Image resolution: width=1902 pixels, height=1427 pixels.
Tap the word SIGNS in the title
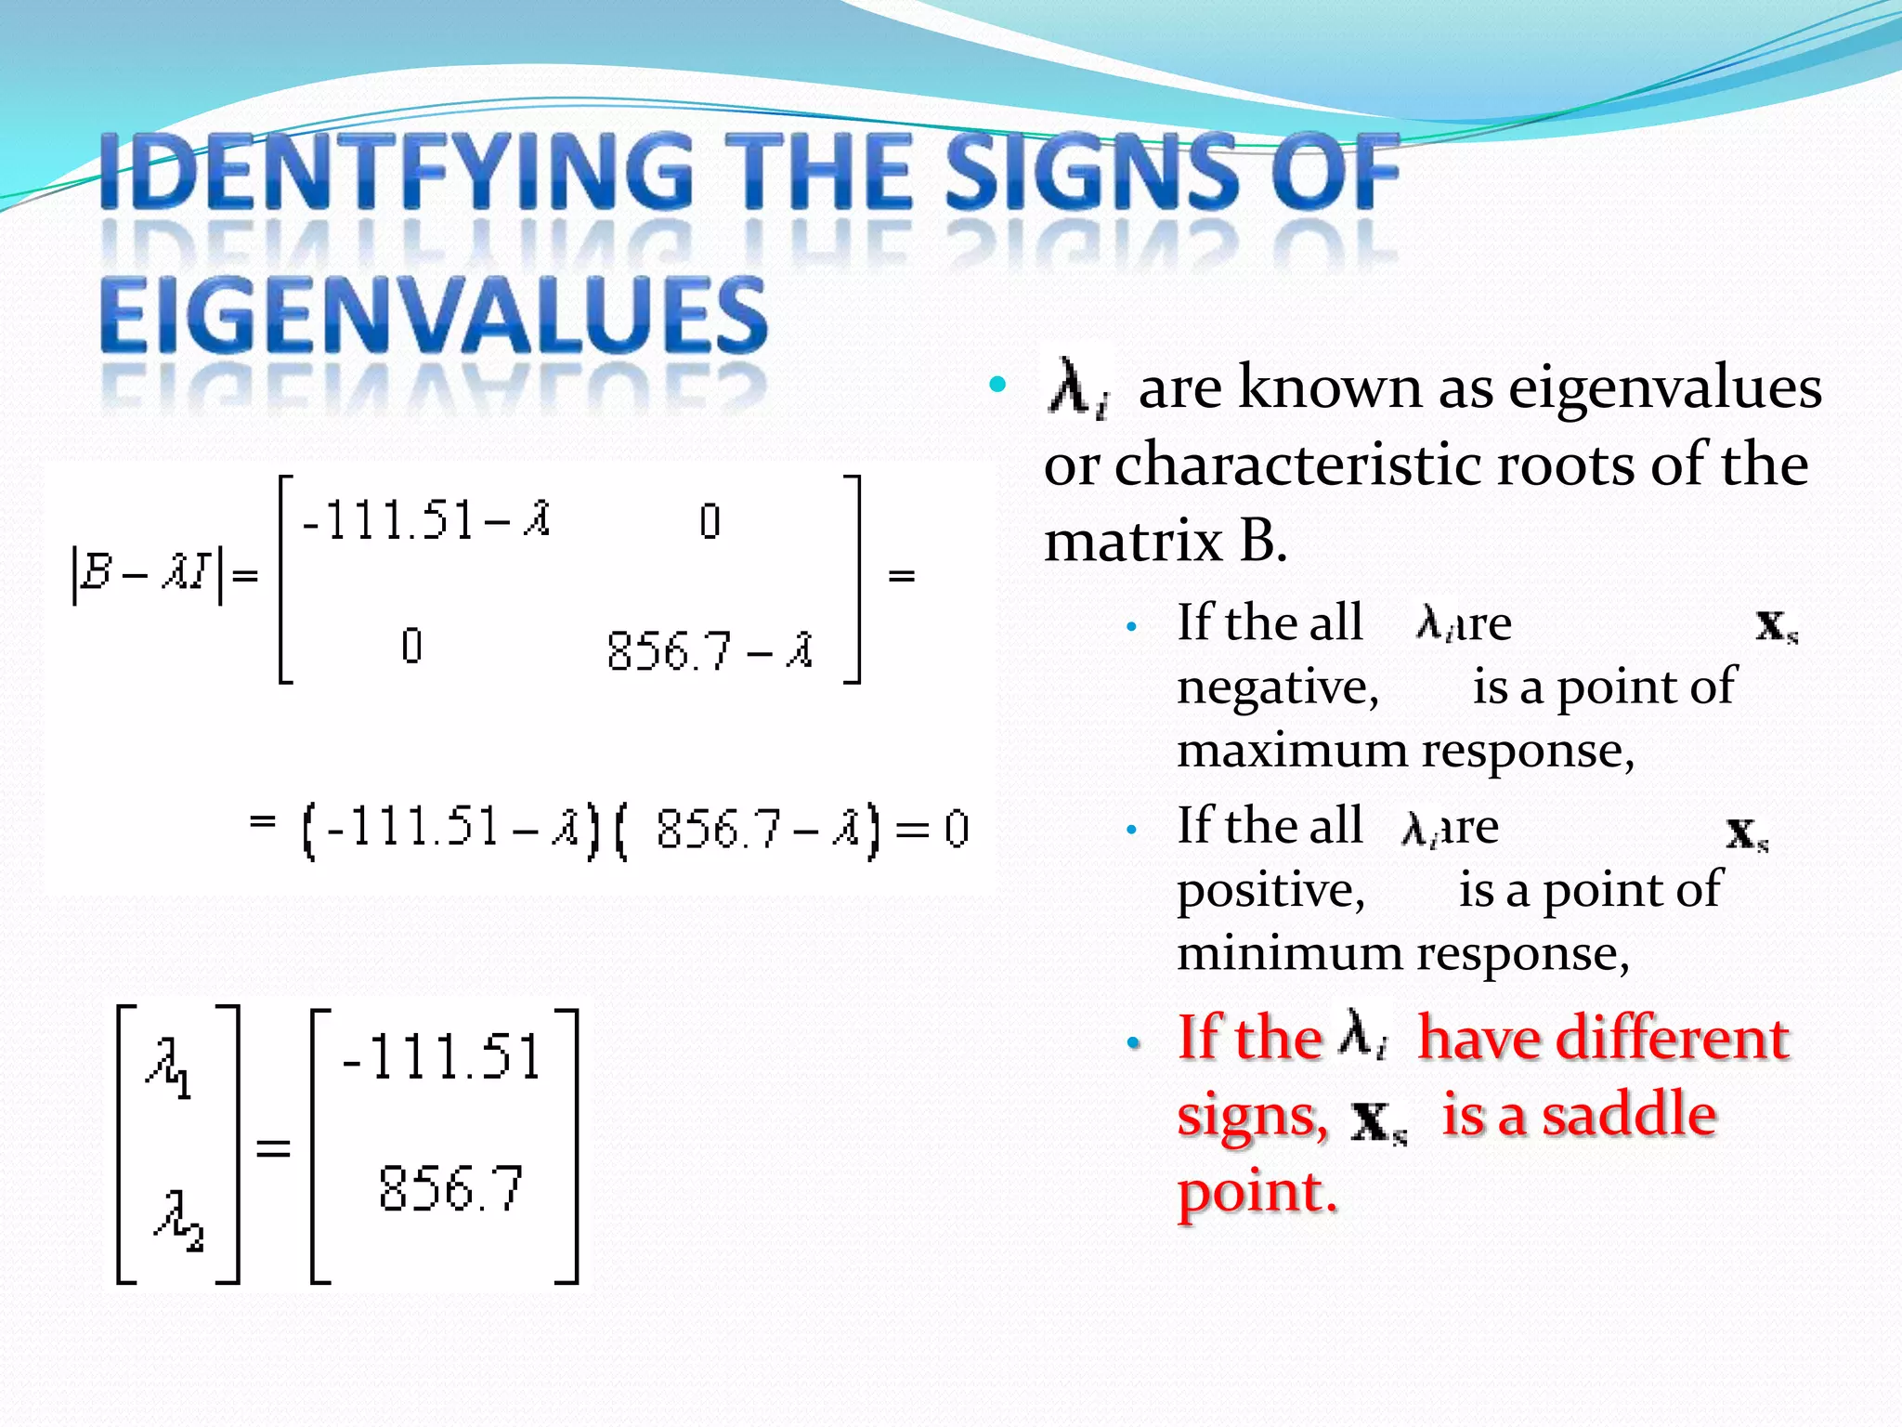1092,172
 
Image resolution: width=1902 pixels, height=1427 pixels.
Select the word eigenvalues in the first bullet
1664,388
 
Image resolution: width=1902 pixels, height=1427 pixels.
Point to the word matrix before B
1132,542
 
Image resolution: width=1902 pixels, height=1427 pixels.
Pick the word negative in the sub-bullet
1278,688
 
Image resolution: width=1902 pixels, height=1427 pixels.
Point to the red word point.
1256,1193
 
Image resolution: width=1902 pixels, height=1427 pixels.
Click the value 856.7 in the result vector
450,1188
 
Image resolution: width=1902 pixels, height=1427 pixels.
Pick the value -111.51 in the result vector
441,1056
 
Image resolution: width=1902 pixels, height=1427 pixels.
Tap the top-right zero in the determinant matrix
710,521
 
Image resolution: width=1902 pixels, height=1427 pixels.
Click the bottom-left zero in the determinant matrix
411,646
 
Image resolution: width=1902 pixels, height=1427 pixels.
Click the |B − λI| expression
147,574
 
